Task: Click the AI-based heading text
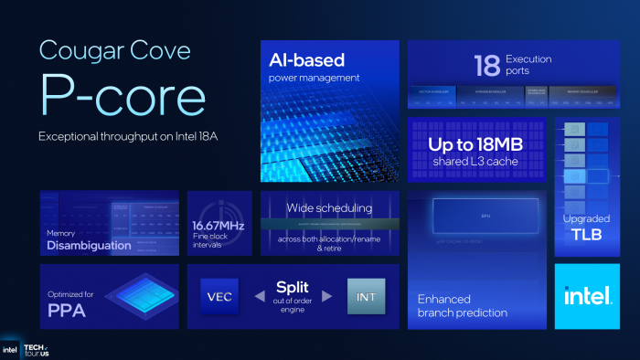(308, 61)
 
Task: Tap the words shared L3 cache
(475, 161)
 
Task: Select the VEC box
(219, 296)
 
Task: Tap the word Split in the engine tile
(293, 288)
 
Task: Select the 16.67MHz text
(219, 225)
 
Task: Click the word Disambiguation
(90, 245)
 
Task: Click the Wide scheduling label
(330, 208)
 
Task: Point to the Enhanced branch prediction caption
(462, 305)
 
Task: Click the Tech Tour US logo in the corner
(37, 350)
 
